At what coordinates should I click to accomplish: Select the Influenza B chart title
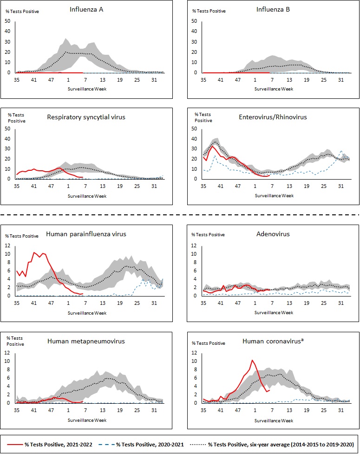pos(273,9)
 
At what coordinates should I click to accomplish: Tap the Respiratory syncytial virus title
pos(86,117)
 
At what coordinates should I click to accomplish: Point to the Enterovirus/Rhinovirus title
pos(273,117)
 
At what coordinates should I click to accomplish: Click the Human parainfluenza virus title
pos(86,234)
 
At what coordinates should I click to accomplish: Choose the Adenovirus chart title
pos(273,234)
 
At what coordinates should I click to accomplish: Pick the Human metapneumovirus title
pos(86,342)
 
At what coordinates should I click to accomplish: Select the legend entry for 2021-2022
pos(50,444)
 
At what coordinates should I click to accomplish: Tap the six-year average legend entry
pos(275,444)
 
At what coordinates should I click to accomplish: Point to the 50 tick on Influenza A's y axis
pos(7,21)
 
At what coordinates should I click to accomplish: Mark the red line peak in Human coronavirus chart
pos(252,360)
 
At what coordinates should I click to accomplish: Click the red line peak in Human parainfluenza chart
pos(34,252)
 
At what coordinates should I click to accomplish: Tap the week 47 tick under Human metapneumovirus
pos(51,410)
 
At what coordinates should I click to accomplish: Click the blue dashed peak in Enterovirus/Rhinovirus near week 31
pos(341,151)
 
